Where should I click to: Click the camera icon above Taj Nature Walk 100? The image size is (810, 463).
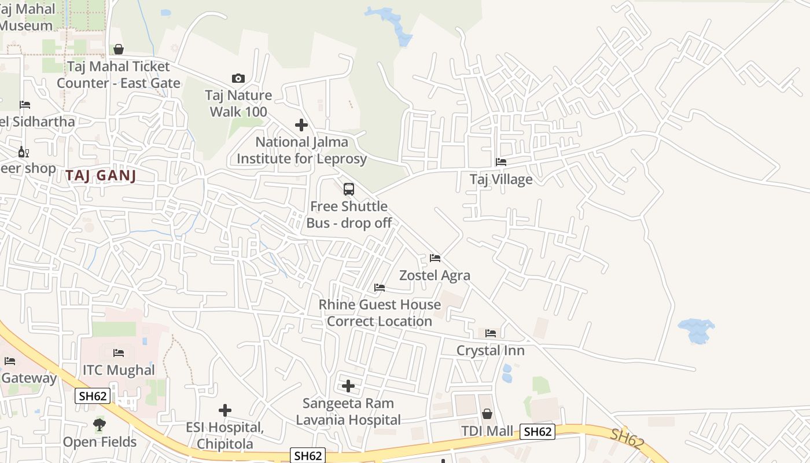click(238, 78)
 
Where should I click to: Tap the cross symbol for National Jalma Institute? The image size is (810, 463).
click(301, 124)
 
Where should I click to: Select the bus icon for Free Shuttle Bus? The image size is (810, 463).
click(348, 189)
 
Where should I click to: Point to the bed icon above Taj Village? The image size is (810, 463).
click(501, 162)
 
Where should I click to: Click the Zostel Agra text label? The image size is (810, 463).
click(435, 275)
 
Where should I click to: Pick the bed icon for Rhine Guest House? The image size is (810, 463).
click(380, 287)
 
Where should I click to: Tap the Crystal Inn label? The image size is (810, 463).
click(490, 350)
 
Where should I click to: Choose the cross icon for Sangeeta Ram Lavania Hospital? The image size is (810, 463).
click(348, 386)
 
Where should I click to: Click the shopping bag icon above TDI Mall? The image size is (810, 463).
click(487, 414)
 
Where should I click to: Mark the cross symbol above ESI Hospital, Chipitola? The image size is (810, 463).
click(225, 410)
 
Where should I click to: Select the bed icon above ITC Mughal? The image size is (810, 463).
click(119, 352)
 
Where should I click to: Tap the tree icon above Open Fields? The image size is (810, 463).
click(100, 425)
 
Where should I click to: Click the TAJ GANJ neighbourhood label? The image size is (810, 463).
click(101, 175)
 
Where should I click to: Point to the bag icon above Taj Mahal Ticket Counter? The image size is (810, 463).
click(119, 49)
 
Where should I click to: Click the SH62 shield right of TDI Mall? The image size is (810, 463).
click(537, 432)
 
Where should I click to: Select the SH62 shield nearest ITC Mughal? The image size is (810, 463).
click(93, 396)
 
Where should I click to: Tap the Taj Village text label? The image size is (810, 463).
click(501, 179)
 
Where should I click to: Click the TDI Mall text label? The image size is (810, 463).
click(487, 431)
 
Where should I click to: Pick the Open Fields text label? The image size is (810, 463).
click(100, 442)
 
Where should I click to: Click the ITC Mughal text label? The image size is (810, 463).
click(119, 370)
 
